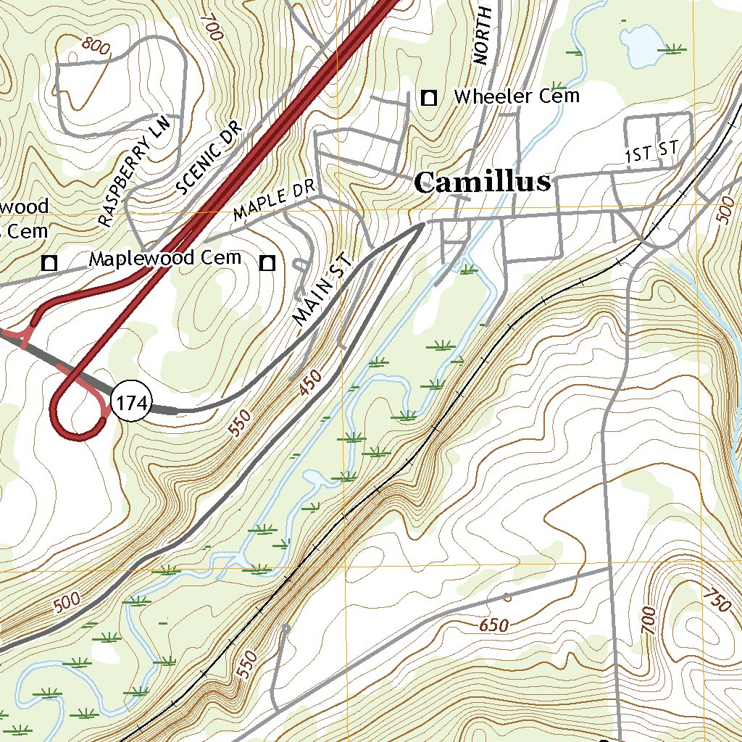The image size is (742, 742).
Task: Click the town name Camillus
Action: pos(482,183)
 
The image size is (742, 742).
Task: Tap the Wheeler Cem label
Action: pos(516,96)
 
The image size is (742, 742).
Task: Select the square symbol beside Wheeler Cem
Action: pos(430,97)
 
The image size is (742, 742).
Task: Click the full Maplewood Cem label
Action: pos(164,258)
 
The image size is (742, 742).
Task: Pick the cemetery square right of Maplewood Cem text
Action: pos(268,263)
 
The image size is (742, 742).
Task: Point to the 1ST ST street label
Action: pos(652,152)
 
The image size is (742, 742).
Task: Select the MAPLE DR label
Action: pos(275,201)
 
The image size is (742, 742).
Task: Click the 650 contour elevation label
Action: pos(493,625)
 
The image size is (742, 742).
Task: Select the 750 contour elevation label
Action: pos(717,599)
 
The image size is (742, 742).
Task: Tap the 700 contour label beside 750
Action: pos(648,621)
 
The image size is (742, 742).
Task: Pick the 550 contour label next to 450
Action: pos(241,422)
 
